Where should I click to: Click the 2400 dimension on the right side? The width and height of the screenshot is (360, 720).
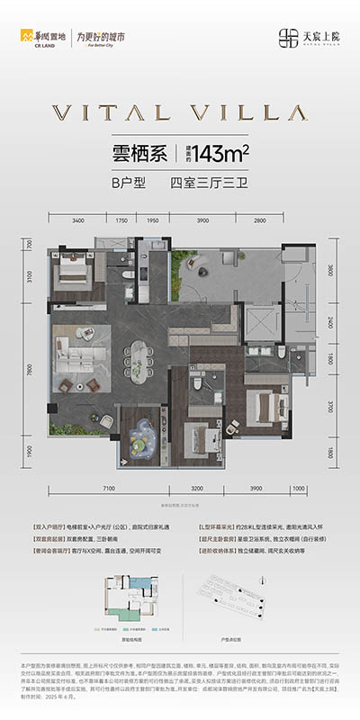(x=330, y=321)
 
